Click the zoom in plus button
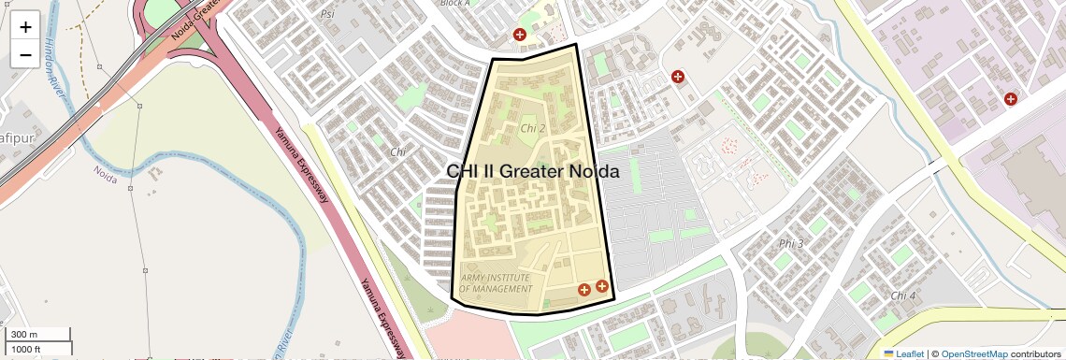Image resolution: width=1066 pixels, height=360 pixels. click(x=25, y=26)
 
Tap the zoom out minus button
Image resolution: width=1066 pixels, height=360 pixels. click(x=25, y=54)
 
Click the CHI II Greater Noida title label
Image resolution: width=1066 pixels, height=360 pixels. click(x=533, y=171)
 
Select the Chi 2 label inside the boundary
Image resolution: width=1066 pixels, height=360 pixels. click(x=532, y=127)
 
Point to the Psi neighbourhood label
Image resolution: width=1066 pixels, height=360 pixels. click(x=327, y=14)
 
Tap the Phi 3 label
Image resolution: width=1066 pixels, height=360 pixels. click(x=791, y=244)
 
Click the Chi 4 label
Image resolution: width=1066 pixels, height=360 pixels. click(x=903, y=295)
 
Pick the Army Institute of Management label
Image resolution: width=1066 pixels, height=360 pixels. click(x=496, y=283)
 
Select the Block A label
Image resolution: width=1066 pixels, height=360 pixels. click(x=454, y=3)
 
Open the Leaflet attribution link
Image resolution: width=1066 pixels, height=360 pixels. click(x=904, y=353)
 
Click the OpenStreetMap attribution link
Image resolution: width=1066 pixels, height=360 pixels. click(x=973, y=353)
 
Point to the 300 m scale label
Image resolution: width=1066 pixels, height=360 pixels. click(x=23, y=335)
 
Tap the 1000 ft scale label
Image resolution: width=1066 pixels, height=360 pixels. click(x=26, y=349)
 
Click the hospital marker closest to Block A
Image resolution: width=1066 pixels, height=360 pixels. click(x=519, y=35)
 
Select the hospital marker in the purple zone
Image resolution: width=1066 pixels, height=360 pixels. click(x=1010, y=98)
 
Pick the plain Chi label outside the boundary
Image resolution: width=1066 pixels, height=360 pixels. click(x=398, y=151)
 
